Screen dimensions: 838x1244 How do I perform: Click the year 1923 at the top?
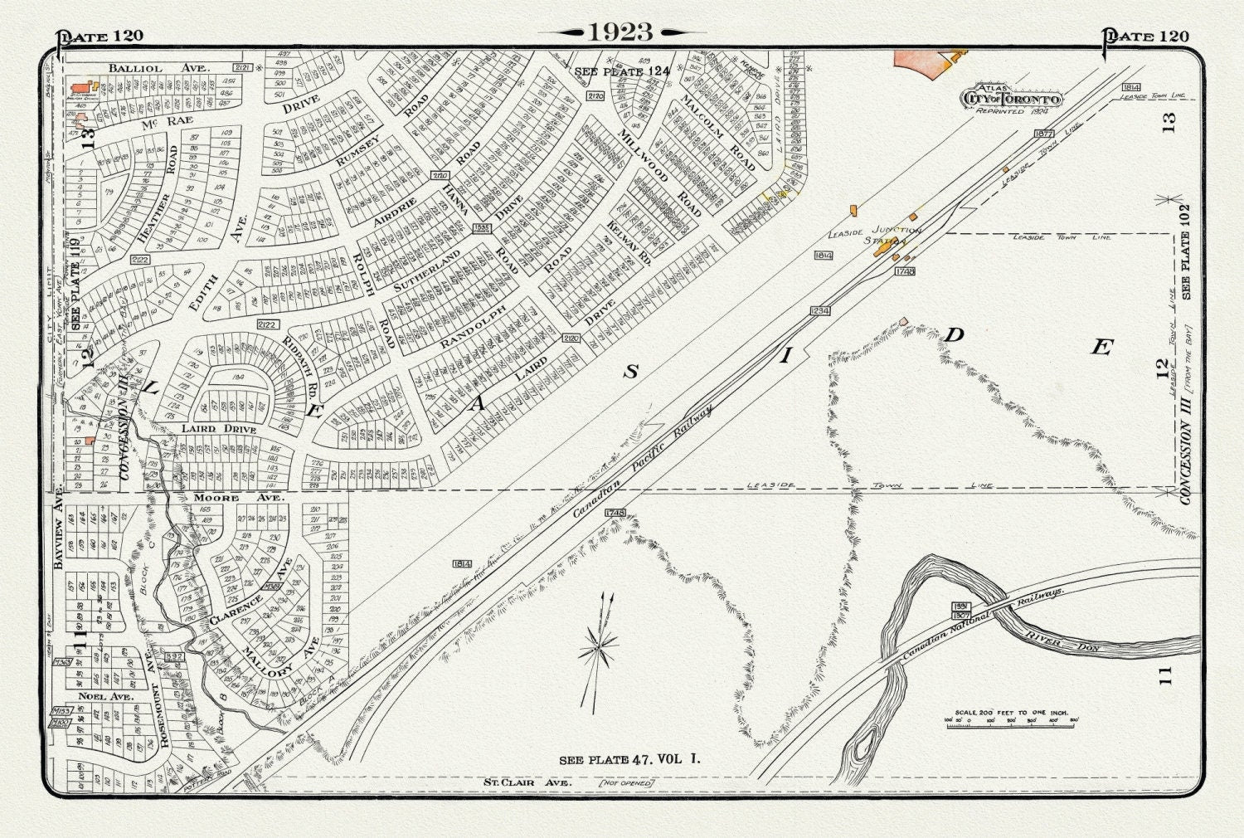click(x=621, y=32)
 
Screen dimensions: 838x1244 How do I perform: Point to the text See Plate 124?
click(x=621, y=72)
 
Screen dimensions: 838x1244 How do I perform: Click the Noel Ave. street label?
click(x=105, y=697)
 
